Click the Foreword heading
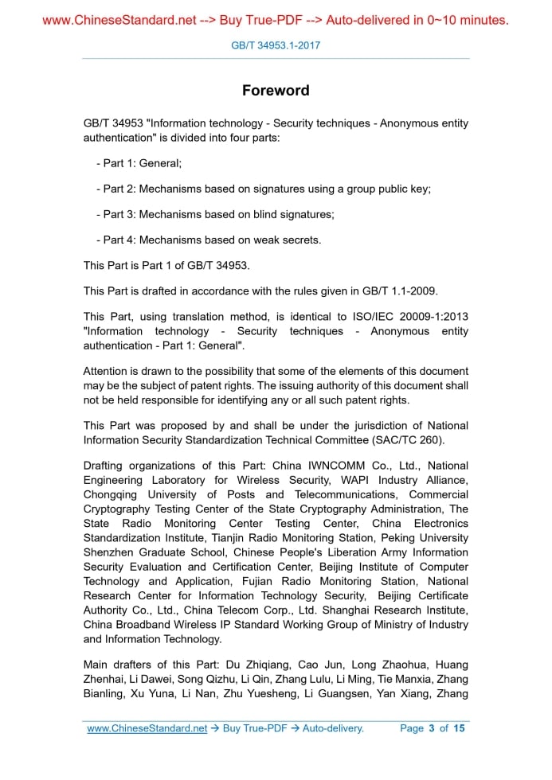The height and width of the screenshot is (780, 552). point(276,90)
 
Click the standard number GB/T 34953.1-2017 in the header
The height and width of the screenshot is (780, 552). point(276,45)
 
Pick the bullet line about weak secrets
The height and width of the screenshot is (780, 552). point(212,240)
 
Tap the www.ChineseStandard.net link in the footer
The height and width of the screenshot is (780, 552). point(147,728)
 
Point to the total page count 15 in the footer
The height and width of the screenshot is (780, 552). point(458,728)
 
